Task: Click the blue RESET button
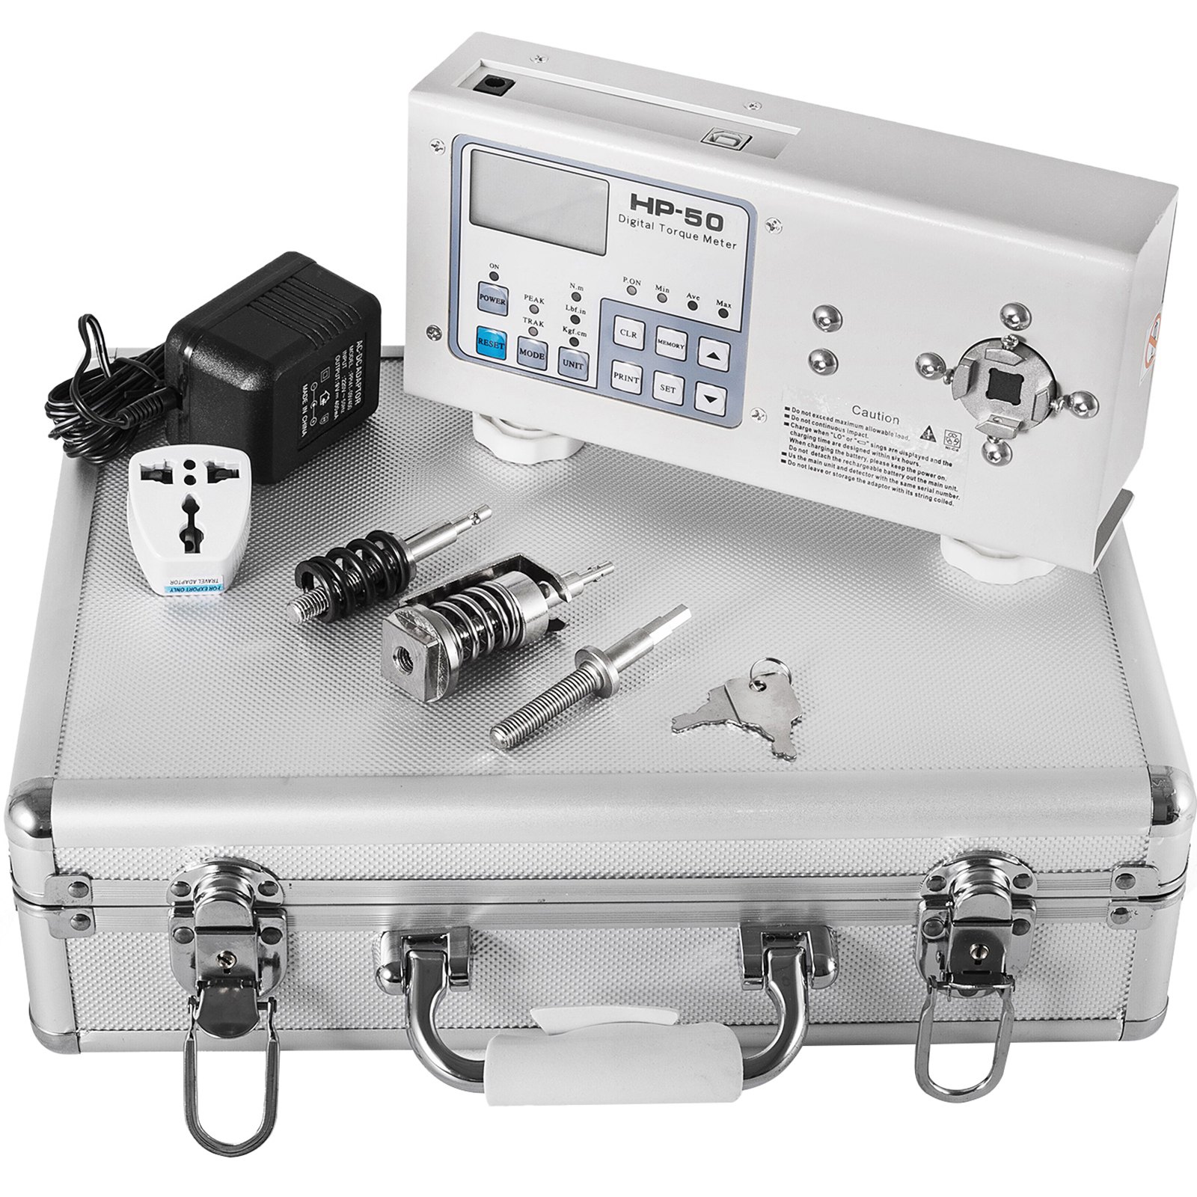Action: [x=490, y=343]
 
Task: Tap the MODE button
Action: [x=532, y=352]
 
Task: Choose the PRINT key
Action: [x=626, y=378]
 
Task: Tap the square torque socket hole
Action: [x=1000, y=386]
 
